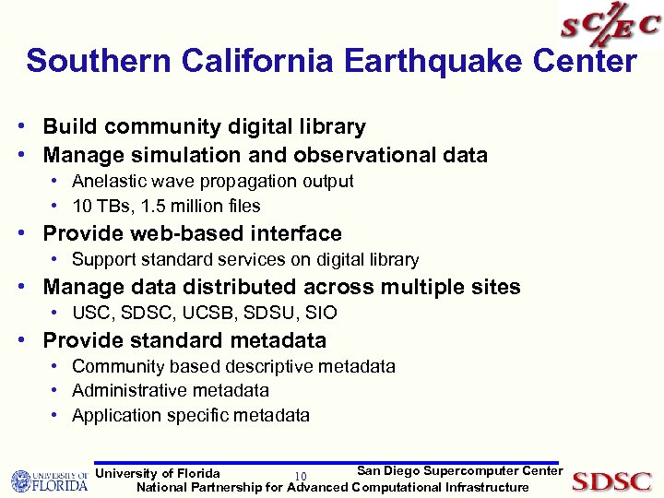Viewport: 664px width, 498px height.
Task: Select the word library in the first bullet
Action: pyautogui.click(x=329, y=127)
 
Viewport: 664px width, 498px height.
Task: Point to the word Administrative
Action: pyautogui.click(x=125, y=391)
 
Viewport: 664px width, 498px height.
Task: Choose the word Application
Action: pyautogui.click(x=114, y=416)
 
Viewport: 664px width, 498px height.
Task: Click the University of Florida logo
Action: pyautogui.click(x=49, y=480)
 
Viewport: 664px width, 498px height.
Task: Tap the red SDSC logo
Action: pyautogui.click(x=611, y=480)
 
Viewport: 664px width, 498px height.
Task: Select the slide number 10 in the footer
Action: pyautogui.click(x=301, y=476)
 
